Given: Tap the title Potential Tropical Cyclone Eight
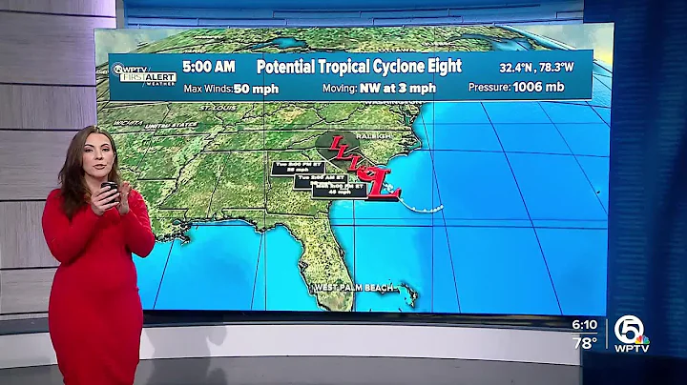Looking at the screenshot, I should [x=359, y=66].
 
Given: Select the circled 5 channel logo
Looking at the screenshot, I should [x=630, y=328].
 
